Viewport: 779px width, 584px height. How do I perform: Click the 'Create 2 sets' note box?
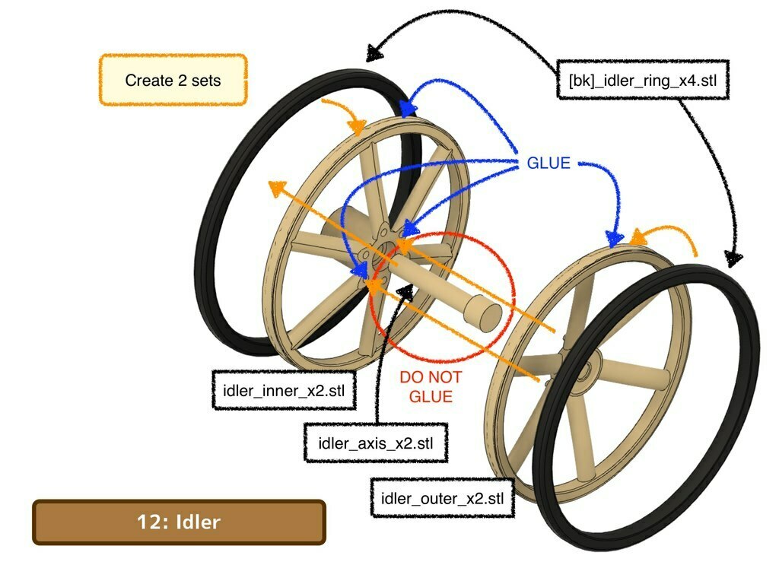(173, 79)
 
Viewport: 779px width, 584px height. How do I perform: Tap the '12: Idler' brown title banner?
(179, 522)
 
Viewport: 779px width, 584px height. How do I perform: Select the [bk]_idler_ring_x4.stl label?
(643, 80)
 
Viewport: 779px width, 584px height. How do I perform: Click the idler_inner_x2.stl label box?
(284, 390)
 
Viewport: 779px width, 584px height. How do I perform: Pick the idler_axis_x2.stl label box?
(376, 443)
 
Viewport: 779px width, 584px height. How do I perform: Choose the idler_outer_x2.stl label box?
(442, 498)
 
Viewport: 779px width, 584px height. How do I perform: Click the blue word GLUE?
(548, 163)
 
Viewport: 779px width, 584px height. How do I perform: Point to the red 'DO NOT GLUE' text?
(431, 387)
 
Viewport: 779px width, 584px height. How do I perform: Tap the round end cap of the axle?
(485, 310)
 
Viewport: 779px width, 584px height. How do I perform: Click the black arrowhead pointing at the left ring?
(374, 52)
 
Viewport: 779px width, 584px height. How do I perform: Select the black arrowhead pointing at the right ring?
(734, 258)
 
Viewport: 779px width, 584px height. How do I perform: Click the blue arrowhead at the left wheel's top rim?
(408, 108)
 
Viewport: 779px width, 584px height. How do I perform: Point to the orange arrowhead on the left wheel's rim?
(357, 127)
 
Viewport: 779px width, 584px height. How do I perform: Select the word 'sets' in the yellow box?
(205, 80)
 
